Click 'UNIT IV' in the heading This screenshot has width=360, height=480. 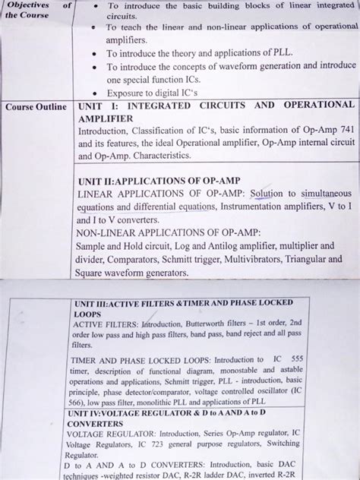point(93,412)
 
